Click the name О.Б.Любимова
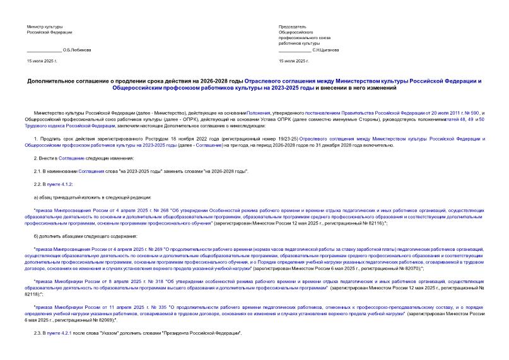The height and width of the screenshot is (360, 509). tap(77, 50)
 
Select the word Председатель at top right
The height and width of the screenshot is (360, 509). tap(292, 27)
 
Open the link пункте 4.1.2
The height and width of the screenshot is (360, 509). tap(64, 183)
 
